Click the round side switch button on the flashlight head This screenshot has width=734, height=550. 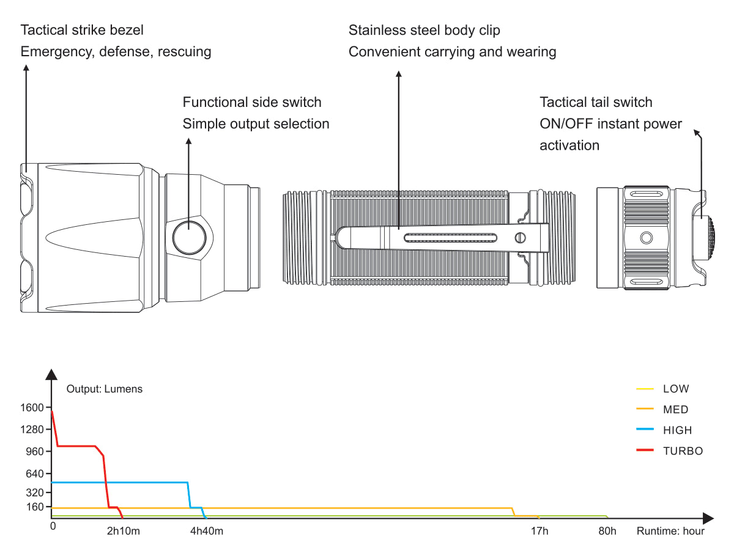point(189,238)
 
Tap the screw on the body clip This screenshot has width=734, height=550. point(521,238)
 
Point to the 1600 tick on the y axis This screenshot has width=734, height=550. point(32,408)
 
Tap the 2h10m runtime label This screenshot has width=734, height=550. point(124,531)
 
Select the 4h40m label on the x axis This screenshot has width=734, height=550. point(207,531)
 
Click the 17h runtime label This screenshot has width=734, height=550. point(539,531)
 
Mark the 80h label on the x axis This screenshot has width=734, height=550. point(607,531)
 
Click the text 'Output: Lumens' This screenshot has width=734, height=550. point(105,389)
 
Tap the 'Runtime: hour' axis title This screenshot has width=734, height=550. point(670,531)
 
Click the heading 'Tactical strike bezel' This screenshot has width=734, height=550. point(83,30)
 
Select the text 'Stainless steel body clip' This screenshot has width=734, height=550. point(424,30)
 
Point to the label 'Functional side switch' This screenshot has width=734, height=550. point(252,102)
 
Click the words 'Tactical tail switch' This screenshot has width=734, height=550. point(596,102)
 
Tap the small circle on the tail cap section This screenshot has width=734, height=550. point(646,237)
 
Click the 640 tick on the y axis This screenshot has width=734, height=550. point(35,474)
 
